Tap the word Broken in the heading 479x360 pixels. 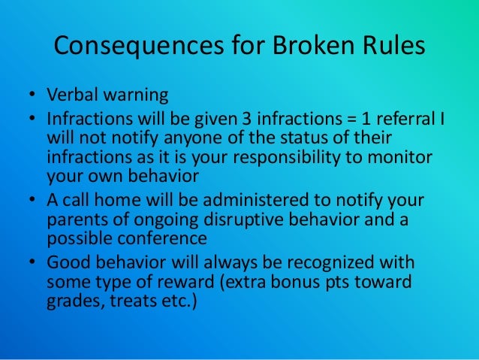pos(303,47)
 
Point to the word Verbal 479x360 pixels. pos(72,97)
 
